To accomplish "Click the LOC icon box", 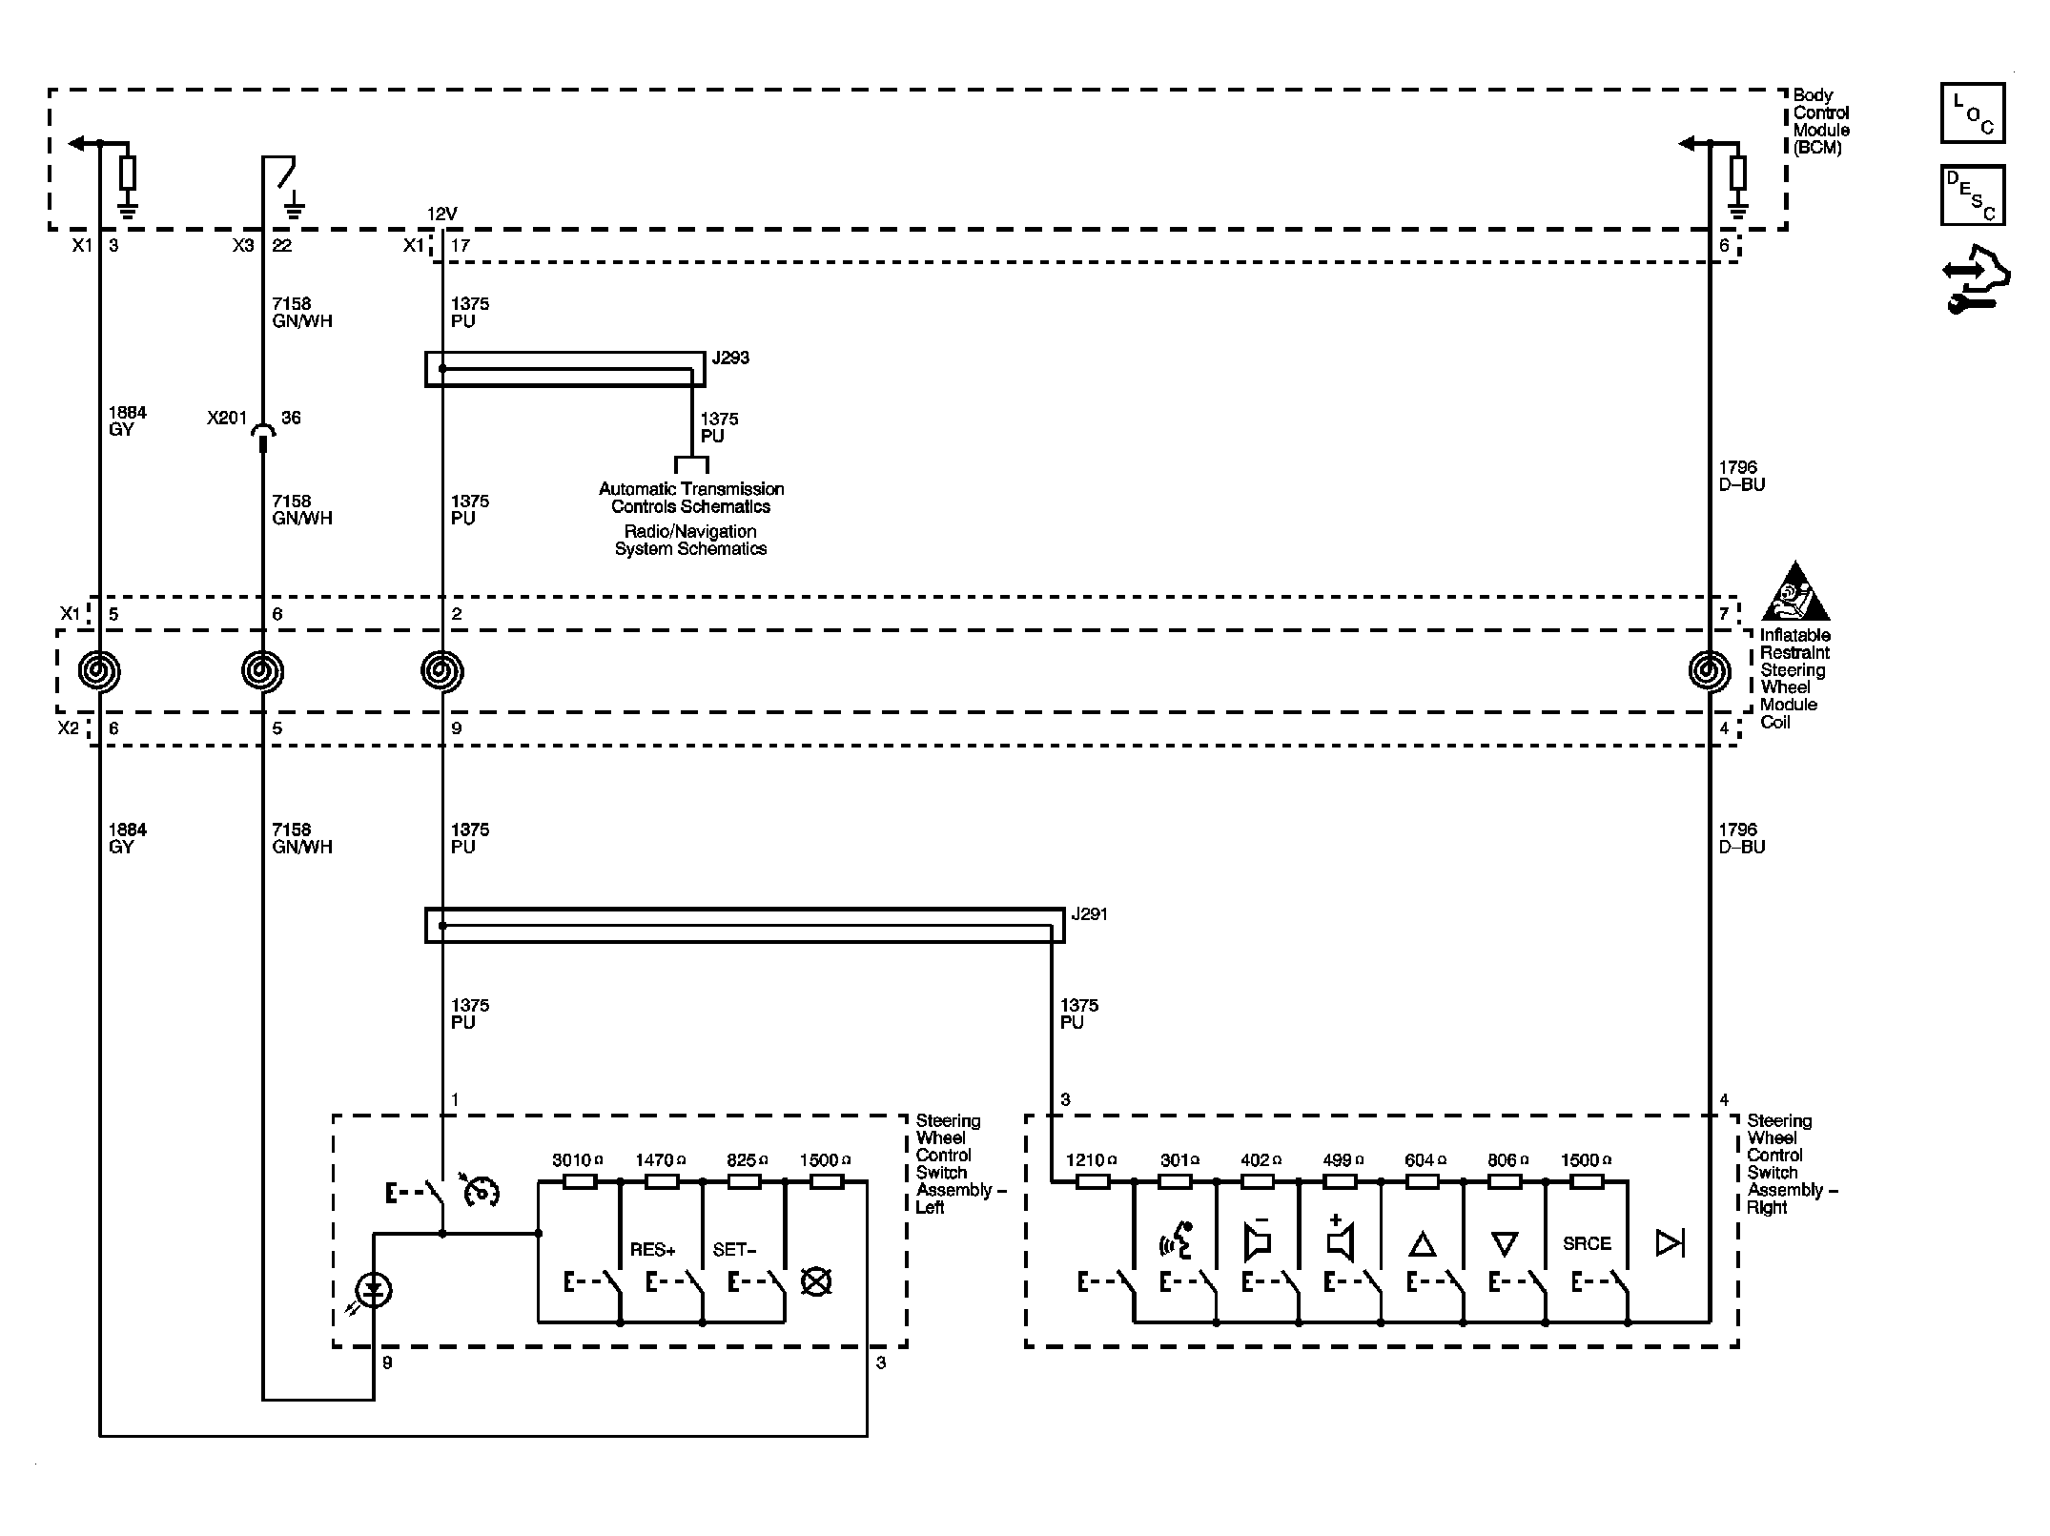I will coord(1972,113).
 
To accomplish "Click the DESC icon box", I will coord(1972,195).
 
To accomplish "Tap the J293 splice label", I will coord(730,358).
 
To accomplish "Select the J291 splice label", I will coord(1089,914).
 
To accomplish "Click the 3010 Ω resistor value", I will coord(577,1160).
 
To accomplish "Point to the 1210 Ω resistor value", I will coord(1090,1160).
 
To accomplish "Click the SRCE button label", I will coord(1587,1244).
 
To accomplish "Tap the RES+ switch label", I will coord(652,1250).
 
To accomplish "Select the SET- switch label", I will coord(734,1250).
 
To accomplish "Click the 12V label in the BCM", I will coord(441,215).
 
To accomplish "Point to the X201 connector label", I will coord(227,418).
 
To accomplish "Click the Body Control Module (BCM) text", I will coord(1820,121).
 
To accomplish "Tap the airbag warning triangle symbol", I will coord(1794,594).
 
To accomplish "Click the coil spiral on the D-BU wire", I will coord(1709,671).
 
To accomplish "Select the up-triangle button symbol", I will coord(1422,1244).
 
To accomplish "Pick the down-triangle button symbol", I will coord(1504,1244).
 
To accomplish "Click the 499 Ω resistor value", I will coord(1343,1160).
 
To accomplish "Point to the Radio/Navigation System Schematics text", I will coord(690,540).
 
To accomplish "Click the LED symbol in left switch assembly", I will coord(374,1292).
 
